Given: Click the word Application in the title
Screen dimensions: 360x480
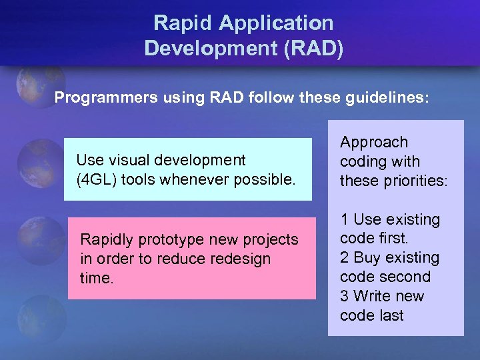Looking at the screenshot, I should point(276,23).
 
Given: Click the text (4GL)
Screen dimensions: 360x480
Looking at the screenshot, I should point(97,179).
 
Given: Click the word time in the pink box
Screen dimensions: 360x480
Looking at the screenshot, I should point(96,278).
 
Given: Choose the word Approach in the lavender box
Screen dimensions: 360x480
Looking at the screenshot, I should point(374,142).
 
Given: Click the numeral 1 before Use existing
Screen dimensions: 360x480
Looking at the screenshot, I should point(344,219).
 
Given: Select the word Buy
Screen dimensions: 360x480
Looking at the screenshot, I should point(367,258).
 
